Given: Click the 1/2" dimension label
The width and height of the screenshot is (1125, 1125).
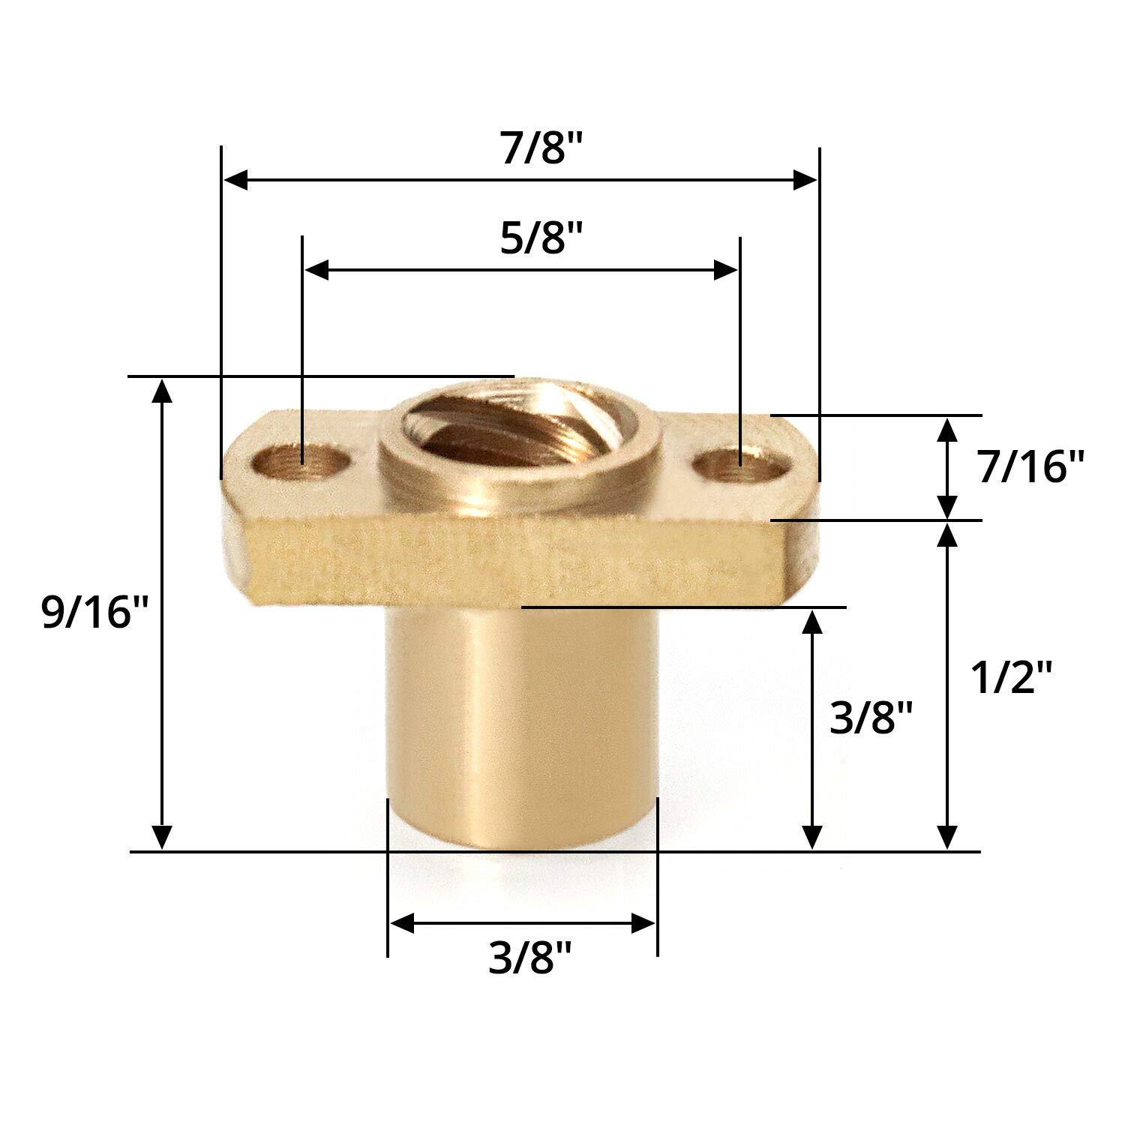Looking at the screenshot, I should pos(1012,679).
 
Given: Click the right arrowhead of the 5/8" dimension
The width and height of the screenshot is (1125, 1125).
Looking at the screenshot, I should pos(727,270).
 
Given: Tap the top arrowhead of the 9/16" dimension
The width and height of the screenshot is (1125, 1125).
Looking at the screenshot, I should pos(162,390).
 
